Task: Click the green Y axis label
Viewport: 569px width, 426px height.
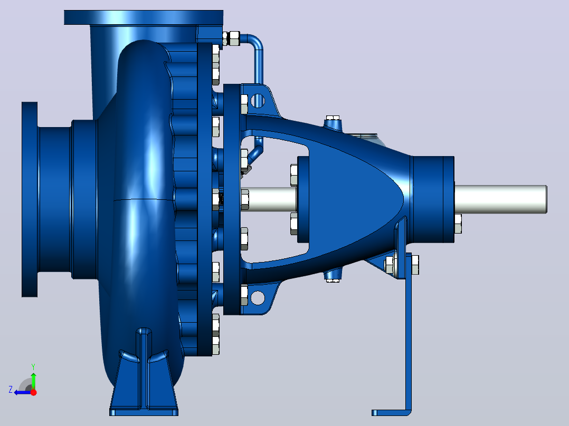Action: tap(33, 366)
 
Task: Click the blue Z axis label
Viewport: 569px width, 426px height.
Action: tap(11, 390)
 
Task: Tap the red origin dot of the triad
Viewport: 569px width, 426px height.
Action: tap(33, 392)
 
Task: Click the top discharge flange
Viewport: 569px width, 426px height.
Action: tap(144, 17)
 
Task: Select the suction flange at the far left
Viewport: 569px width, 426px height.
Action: tap(30, 199)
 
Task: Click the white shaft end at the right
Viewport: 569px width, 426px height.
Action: tap(500, 199)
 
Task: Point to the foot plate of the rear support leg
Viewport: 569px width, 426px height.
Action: tap(391, 413)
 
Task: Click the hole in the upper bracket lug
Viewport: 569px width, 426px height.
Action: tap(258, 100)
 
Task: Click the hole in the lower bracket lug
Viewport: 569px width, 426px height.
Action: tap(258, 298)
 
